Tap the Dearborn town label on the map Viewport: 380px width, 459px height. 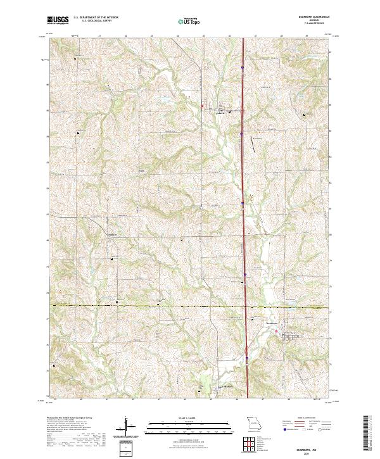272,324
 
